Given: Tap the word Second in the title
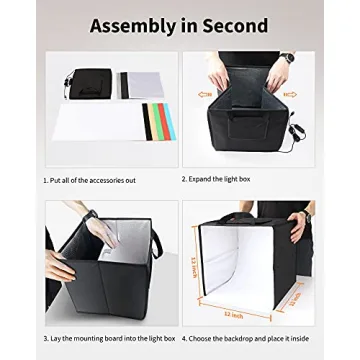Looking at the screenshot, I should point(233,25).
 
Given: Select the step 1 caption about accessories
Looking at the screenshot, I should point(89,180).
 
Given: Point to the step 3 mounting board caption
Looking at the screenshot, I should point(109,338).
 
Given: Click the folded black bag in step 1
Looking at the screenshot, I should point(91,84).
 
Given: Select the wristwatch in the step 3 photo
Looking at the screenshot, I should point(92,216).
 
